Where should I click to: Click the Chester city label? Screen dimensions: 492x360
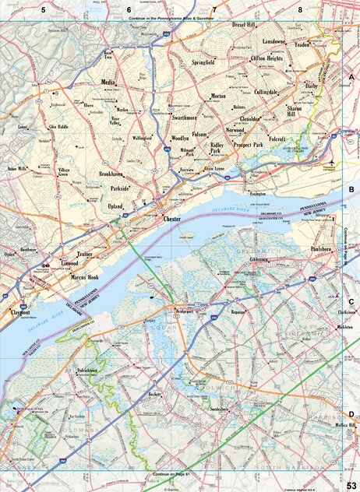pos(172,220)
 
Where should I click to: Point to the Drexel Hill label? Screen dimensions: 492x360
pos(244,25)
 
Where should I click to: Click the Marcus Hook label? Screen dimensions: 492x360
pos(84,277)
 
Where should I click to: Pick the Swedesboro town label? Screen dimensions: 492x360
pos(221,408)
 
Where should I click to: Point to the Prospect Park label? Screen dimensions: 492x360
pos(249,145)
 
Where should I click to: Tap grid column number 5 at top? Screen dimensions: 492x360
pos(44,9)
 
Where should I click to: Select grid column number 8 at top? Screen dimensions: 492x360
pos(299,9)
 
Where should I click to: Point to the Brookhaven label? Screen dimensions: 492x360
pos(111,174)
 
